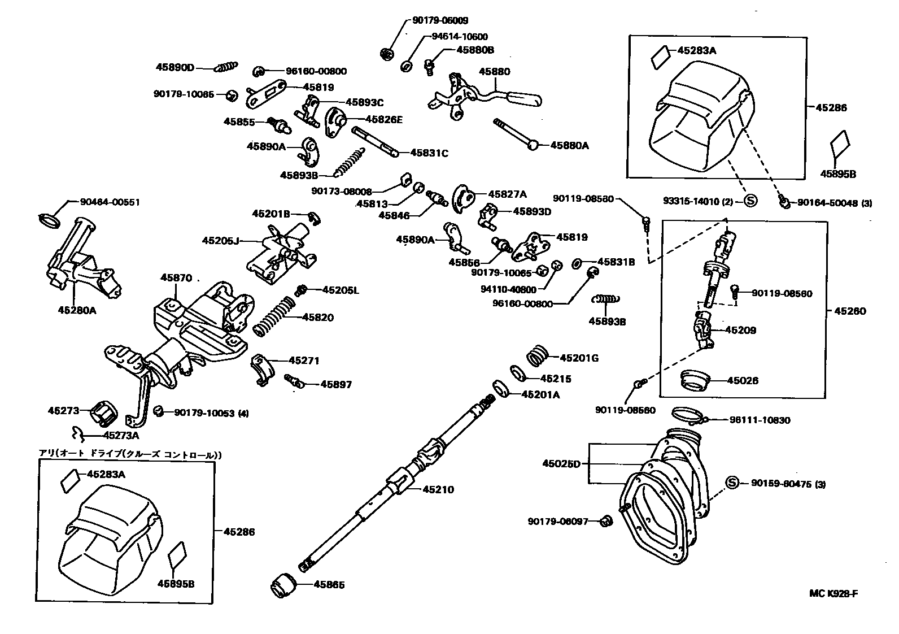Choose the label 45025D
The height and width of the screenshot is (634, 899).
click(x=561, y=464)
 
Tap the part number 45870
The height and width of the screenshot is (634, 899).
click(x=176, y=278)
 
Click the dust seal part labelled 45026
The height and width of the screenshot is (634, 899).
click(x=695, y=380)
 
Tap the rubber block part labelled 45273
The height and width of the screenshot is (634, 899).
click(x=103, y=411)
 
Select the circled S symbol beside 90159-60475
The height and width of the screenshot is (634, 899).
click(x=732, y=483)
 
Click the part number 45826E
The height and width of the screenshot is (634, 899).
click(x=384, y=119)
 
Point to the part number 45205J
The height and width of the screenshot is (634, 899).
click(x=220, y=241)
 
